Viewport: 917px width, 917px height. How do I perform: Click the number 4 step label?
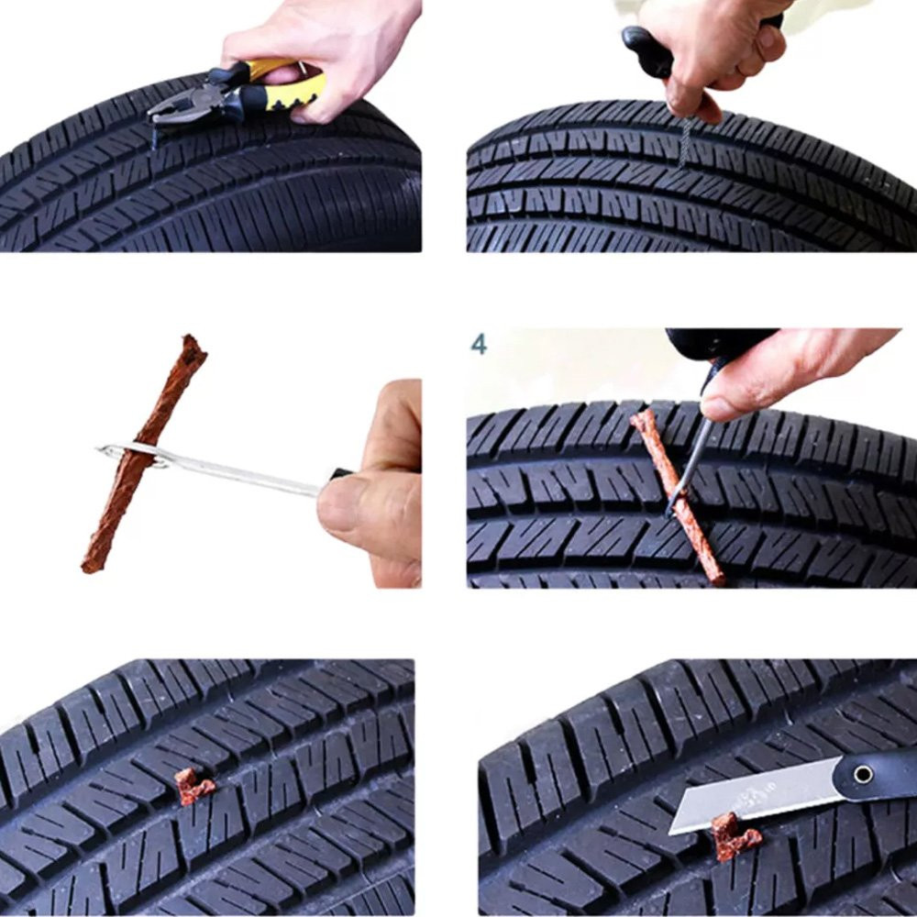tap(479, 345)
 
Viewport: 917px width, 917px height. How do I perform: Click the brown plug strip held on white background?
tap(143, 453)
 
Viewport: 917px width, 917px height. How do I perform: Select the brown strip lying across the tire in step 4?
tap(679, 497)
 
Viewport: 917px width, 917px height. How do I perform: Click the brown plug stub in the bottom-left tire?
tap(193, 786)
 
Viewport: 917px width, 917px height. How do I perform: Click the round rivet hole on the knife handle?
tap(863, 775)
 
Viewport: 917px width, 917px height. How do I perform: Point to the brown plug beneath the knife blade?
tap(735, 837)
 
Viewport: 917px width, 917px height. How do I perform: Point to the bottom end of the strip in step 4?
tap(717, 580)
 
